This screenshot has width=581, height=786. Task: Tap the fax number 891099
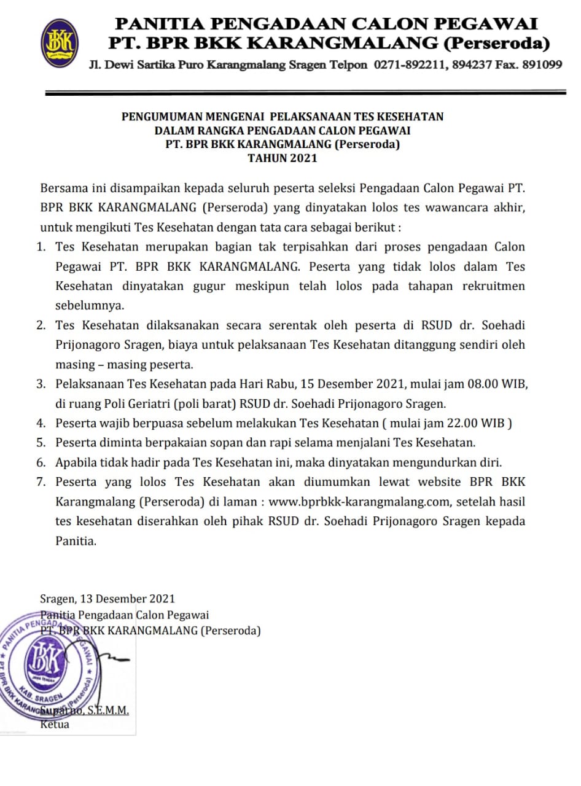pyautogui.click(x=541, y=64)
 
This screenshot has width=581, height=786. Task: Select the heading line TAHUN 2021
pyautogui.click(x=282, y=158)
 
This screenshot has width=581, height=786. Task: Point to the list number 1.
pyautogui.click(x=41, y=247)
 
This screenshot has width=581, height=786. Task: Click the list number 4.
pyautogui.click(x=41, y=423)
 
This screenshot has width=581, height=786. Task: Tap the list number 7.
pyautogui.click(x=41, y=482)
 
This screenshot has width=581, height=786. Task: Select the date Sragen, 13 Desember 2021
pyautogui.click(x=107, y=599)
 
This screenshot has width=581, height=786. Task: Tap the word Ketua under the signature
pyautogui.click(x=55, y=725)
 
